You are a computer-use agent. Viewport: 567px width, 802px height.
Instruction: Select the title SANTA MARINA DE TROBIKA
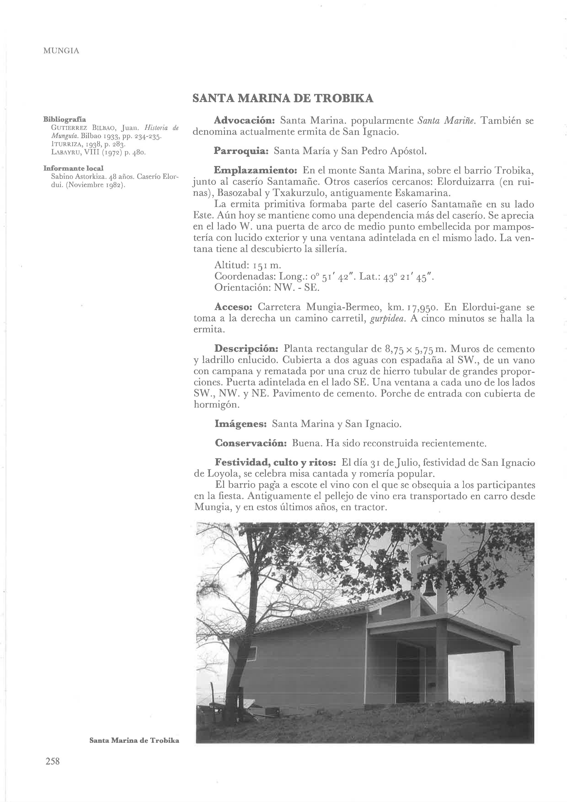tap(283, 99)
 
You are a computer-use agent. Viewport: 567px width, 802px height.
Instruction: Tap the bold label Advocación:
tap(245, 121)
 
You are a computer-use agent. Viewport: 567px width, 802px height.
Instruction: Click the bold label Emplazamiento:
tap(255, 171)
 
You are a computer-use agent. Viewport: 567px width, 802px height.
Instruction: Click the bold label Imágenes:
tap(241, 424)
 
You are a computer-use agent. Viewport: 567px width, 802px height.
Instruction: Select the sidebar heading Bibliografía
tap(65, 119)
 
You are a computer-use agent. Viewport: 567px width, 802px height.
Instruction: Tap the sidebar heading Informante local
tap(73, 168)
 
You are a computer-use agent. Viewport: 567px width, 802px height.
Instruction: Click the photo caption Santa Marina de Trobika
tap(134, 740)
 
